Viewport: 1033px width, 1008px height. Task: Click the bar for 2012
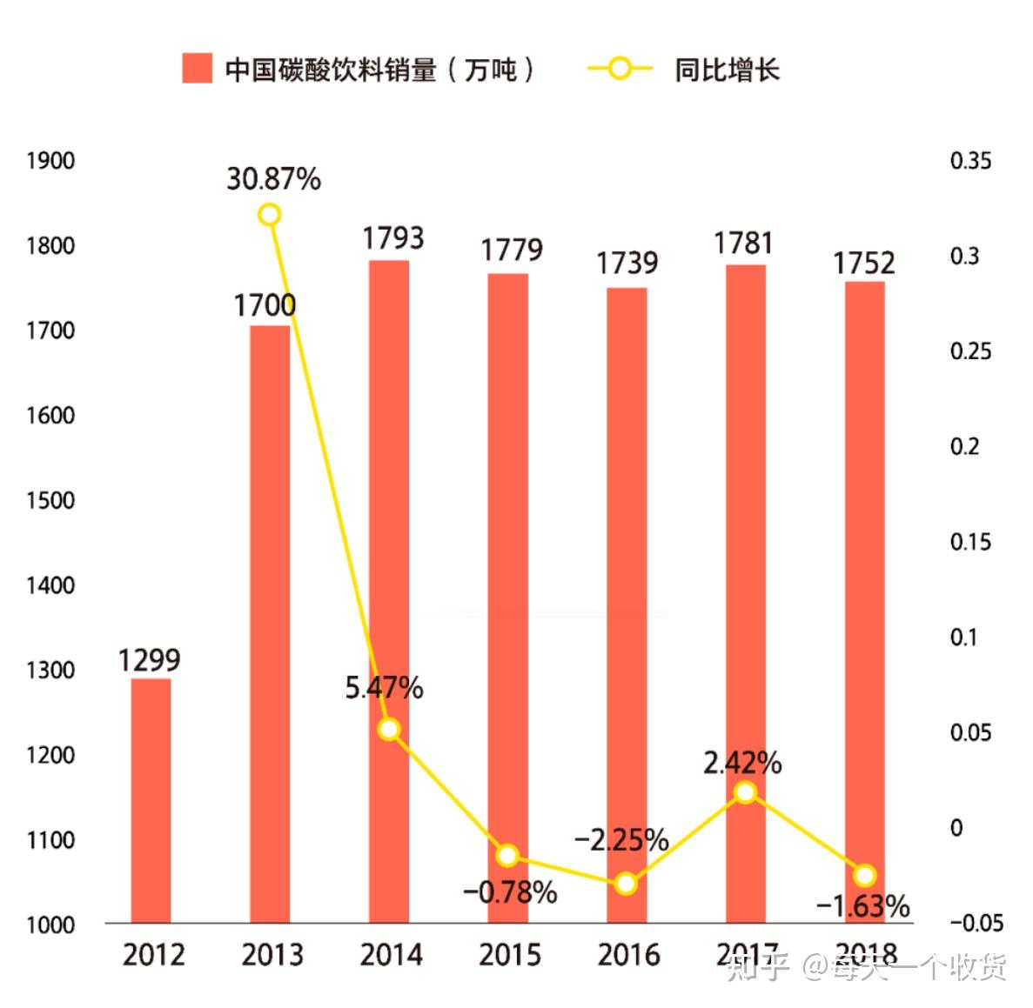pos(151,800)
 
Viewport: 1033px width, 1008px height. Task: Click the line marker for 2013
pos(270,215)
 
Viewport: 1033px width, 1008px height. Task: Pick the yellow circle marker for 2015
pos(508,856)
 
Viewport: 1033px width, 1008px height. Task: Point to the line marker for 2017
pos(745,792)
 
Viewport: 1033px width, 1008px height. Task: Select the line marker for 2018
pos(864,875)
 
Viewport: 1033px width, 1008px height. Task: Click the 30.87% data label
pos(273,178)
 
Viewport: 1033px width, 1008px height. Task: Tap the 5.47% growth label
pos(384,688)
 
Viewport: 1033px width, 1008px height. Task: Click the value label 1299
pos(150,660)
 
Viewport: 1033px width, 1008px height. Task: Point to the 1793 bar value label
pos(392,237)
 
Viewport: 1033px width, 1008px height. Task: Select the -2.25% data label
pos(621,840)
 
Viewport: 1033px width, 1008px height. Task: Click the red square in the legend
pos(197,69)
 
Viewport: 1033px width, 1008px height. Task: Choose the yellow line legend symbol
pos(620,69)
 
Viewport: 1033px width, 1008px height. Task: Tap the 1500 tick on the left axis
pos(50,500)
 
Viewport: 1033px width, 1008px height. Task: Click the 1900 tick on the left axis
pos(50,161)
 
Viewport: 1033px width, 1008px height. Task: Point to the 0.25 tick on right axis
pos(970,351)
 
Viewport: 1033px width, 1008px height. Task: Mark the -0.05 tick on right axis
pos(976,923)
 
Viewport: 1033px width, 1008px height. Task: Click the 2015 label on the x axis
pos(510,955)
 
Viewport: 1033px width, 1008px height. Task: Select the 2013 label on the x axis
pos(272,955)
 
